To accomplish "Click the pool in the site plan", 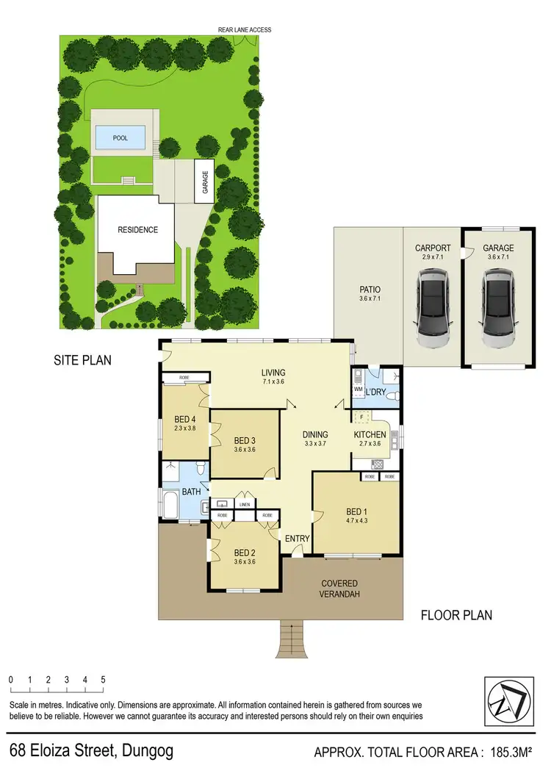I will point(119,137).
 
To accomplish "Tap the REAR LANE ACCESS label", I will point(245,30).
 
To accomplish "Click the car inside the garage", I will point(498,309).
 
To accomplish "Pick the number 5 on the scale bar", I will point(104,680).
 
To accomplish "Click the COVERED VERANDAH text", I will point(339,589).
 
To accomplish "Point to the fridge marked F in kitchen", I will point(361,417).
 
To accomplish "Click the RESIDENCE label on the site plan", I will point(138,230).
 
